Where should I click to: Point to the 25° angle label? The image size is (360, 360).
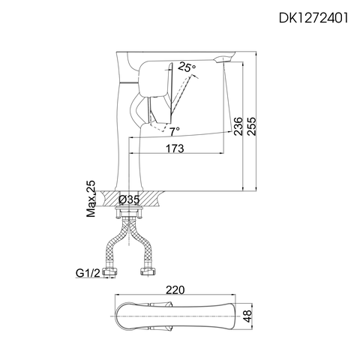coord(187,67)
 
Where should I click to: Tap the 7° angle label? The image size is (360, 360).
coord(174,130)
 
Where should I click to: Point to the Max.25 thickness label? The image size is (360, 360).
coord(91,199)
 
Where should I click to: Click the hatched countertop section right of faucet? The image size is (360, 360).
coord(152,199)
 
